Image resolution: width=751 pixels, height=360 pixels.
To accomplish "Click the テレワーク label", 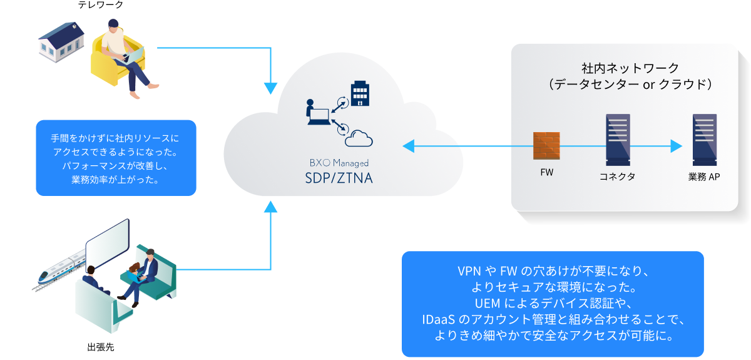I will coord(101,5).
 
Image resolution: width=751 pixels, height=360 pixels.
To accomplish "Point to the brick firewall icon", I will coord(546,147).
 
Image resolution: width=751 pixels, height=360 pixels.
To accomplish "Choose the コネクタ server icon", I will coord(617,139).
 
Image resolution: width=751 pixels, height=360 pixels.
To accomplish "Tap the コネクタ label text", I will coord(617,177).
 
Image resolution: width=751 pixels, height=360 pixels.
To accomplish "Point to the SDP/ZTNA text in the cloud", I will coord(339,177).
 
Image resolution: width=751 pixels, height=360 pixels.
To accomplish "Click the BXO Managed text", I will coord(339,162).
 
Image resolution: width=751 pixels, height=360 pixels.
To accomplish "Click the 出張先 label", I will coord(101,346).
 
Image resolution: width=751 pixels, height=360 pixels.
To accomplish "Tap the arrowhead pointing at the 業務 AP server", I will coord(676,147).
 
